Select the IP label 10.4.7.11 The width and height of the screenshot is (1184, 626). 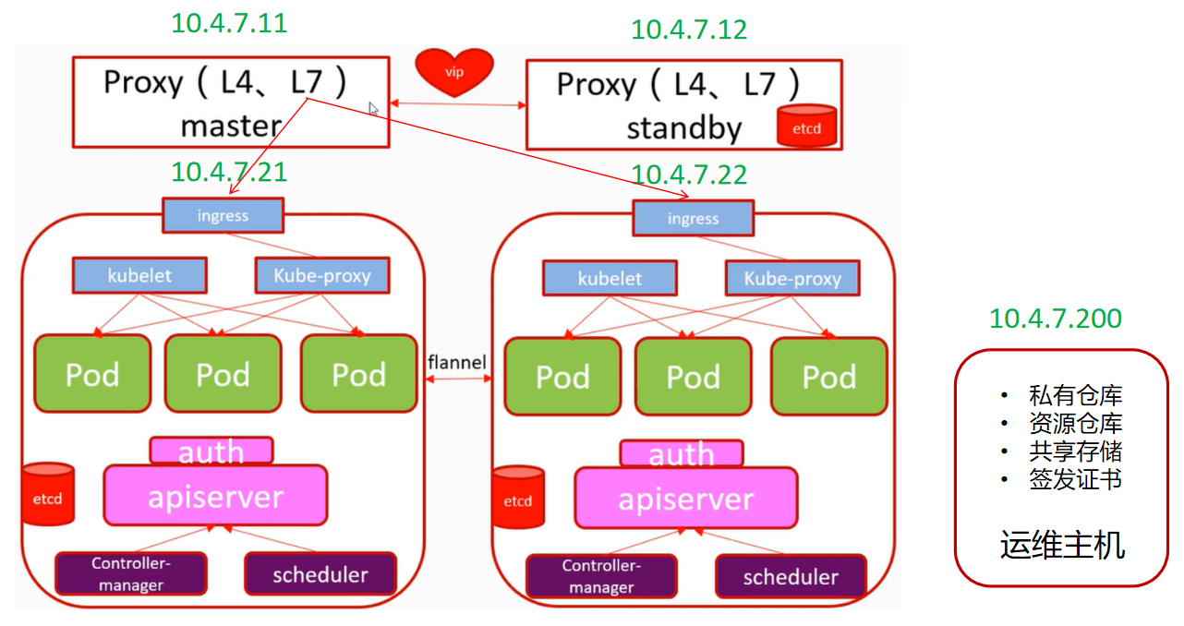tap(229, 23)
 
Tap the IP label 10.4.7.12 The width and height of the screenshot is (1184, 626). tap(689, 30)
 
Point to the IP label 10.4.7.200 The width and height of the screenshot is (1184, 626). tap(1056, 319)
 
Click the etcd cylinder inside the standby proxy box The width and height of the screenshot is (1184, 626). tap(806, 127)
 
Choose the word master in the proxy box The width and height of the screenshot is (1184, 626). tap(230, 126)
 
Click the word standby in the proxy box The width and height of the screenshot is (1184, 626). tap(684, 128)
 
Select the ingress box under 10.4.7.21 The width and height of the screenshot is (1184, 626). tap(224, 216)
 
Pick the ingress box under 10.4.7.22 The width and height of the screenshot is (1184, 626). tap(693, 219)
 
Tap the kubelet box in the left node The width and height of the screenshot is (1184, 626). tap(139, 275)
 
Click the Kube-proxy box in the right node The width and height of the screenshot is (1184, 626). tap(792, 278)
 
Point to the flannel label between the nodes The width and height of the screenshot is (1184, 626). tap(456, 362)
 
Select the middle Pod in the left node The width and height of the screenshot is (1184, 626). tap(223, 374)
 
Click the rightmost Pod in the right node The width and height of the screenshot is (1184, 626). tap(828, 377)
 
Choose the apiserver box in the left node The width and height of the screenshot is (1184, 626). tap(215, 496)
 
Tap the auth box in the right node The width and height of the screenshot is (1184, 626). tap(682, 454)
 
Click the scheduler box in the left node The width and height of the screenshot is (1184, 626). tap(320, 574)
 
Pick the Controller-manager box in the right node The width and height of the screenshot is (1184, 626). tap(601, 576)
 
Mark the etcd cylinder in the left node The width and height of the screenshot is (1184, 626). tap(48, 495)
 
